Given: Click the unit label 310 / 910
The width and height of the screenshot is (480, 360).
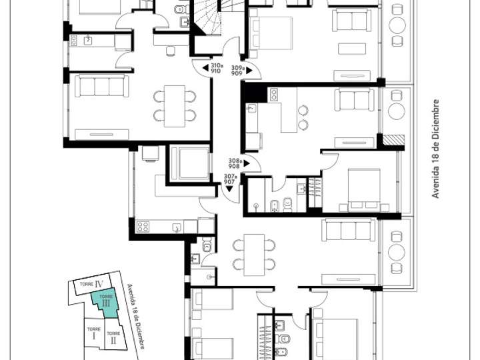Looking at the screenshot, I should click(x=216, y=67).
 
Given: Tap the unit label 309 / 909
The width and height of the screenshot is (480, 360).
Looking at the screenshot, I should click(x=237, y=67).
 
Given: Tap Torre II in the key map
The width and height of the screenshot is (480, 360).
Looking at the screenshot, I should click(x=113, y=337).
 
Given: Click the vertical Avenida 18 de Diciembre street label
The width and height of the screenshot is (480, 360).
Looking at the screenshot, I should click(x=436, y=149).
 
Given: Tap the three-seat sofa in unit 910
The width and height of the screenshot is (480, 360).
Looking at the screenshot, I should click(x=102, y=87).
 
